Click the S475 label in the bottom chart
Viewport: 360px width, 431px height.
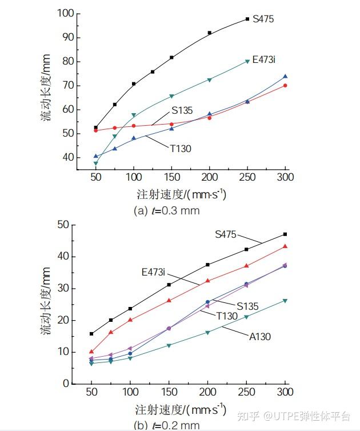[226, 234]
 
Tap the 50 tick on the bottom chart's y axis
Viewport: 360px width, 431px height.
[63, 225]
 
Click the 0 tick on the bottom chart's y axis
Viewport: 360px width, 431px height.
[66, 384]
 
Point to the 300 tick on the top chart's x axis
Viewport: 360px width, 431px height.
[285, 177]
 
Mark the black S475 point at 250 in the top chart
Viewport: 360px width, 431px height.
[247, 19]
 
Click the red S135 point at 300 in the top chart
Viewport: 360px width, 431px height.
[285, 86]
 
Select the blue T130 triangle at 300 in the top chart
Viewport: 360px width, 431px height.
[285, 76]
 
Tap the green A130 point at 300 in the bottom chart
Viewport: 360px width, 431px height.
[285, 301]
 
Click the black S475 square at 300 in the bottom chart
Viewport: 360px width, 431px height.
[285, 234]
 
